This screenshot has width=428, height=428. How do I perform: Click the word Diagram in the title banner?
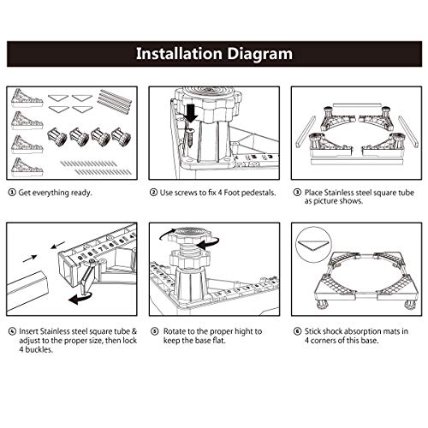[x=260, y=54]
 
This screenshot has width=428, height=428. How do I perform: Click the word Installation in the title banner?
[x=179, y=53]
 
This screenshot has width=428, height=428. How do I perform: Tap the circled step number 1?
[x=12, y=193]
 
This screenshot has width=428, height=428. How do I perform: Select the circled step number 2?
[x=153, y=193]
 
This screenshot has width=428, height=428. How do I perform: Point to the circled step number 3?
[x=297, y=193]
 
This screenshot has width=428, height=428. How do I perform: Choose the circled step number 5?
[x=154, y=331]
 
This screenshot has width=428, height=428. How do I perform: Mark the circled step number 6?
[x=297, y=331]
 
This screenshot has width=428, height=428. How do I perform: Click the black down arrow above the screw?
[x=191, y=113]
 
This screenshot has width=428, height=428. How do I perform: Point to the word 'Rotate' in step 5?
[x=174, y=331]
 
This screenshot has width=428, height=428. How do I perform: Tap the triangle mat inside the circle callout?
[x=312, y=244]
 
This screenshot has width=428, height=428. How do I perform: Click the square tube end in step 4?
[x=27, y=288]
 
